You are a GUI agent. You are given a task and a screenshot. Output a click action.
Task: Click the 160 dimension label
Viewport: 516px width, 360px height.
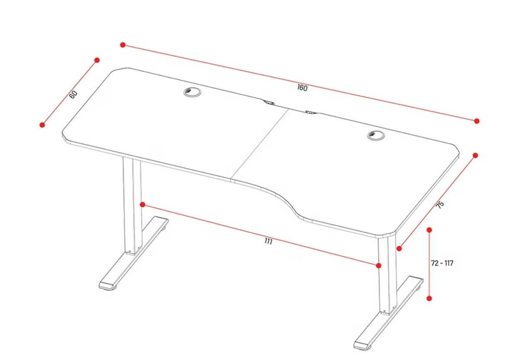[302, 88]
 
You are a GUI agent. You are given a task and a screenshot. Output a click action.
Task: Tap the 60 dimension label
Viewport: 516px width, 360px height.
[74, 94]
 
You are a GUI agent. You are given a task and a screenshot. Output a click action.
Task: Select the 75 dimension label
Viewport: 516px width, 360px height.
[440, 204]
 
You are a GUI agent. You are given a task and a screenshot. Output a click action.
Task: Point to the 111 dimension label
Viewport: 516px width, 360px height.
[268, 241]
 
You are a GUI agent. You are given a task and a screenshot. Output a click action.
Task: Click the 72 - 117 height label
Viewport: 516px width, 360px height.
[442, 263]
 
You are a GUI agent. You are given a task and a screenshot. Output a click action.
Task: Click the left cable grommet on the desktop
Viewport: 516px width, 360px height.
[192, 92]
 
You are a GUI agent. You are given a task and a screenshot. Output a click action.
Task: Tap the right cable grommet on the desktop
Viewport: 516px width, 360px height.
[376, 135]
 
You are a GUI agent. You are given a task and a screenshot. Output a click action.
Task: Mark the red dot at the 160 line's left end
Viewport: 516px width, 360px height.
[123, 45]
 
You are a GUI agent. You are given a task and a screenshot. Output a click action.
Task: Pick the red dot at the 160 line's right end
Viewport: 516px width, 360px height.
[477, 121]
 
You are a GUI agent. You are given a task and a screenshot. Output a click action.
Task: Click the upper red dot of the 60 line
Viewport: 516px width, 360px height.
[97, 60]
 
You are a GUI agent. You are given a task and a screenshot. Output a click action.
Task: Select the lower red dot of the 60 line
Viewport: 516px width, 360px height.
[42, 124]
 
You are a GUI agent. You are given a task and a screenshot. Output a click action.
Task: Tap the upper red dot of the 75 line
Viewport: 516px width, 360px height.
[475, 155]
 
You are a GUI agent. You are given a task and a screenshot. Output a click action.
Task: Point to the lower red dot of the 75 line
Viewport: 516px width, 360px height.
[399, 248]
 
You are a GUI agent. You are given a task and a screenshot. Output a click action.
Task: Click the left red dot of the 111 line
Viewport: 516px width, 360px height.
[142, 205]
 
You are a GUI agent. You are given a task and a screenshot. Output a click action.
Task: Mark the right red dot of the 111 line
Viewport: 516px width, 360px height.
[379, 265]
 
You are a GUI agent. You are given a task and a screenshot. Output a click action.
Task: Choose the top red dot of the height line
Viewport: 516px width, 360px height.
[429, 230]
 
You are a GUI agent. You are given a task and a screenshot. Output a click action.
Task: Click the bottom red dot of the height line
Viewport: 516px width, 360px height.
[429, 298]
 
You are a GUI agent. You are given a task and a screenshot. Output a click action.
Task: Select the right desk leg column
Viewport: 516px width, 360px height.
[388, 274]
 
